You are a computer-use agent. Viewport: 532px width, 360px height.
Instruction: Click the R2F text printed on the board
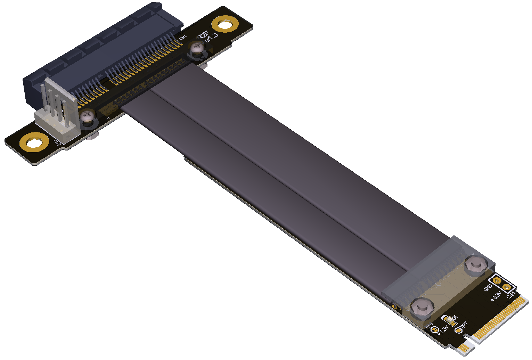[203, 35]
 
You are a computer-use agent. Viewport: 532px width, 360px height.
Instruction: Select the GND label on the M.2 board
[488, 287]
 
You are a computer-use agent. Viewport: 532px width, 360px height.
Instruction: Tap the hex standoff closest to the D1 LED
[421, 307]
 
